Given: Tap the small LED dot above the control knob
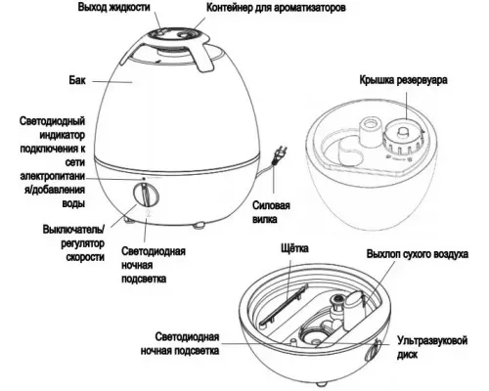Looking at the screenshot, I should pos(145,179).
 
